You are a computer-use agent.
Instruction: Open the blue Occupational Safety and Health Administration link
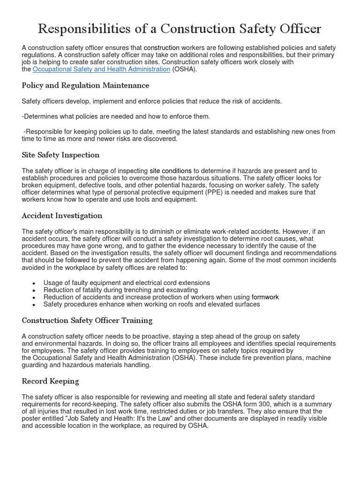click(101, 69)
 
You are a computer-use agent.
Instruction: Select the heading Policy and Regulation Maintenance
click(85, 85)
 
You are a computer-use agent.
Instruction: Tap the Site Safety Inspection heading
click(60, 155)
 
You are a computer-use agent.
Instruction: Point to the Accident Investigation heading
click(62, 216)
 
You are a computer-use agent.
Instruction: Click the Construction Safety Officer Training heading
click(87, 321)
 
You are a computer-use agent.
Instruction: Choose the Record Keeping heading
click(50, 381)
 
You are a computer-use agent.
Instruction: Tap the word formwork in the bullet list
click(265, 297)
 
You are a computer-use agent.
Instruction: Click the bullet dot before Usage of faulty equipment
click(34, 284)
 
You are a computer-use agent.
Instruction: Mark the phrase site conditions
click(171, 171)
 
